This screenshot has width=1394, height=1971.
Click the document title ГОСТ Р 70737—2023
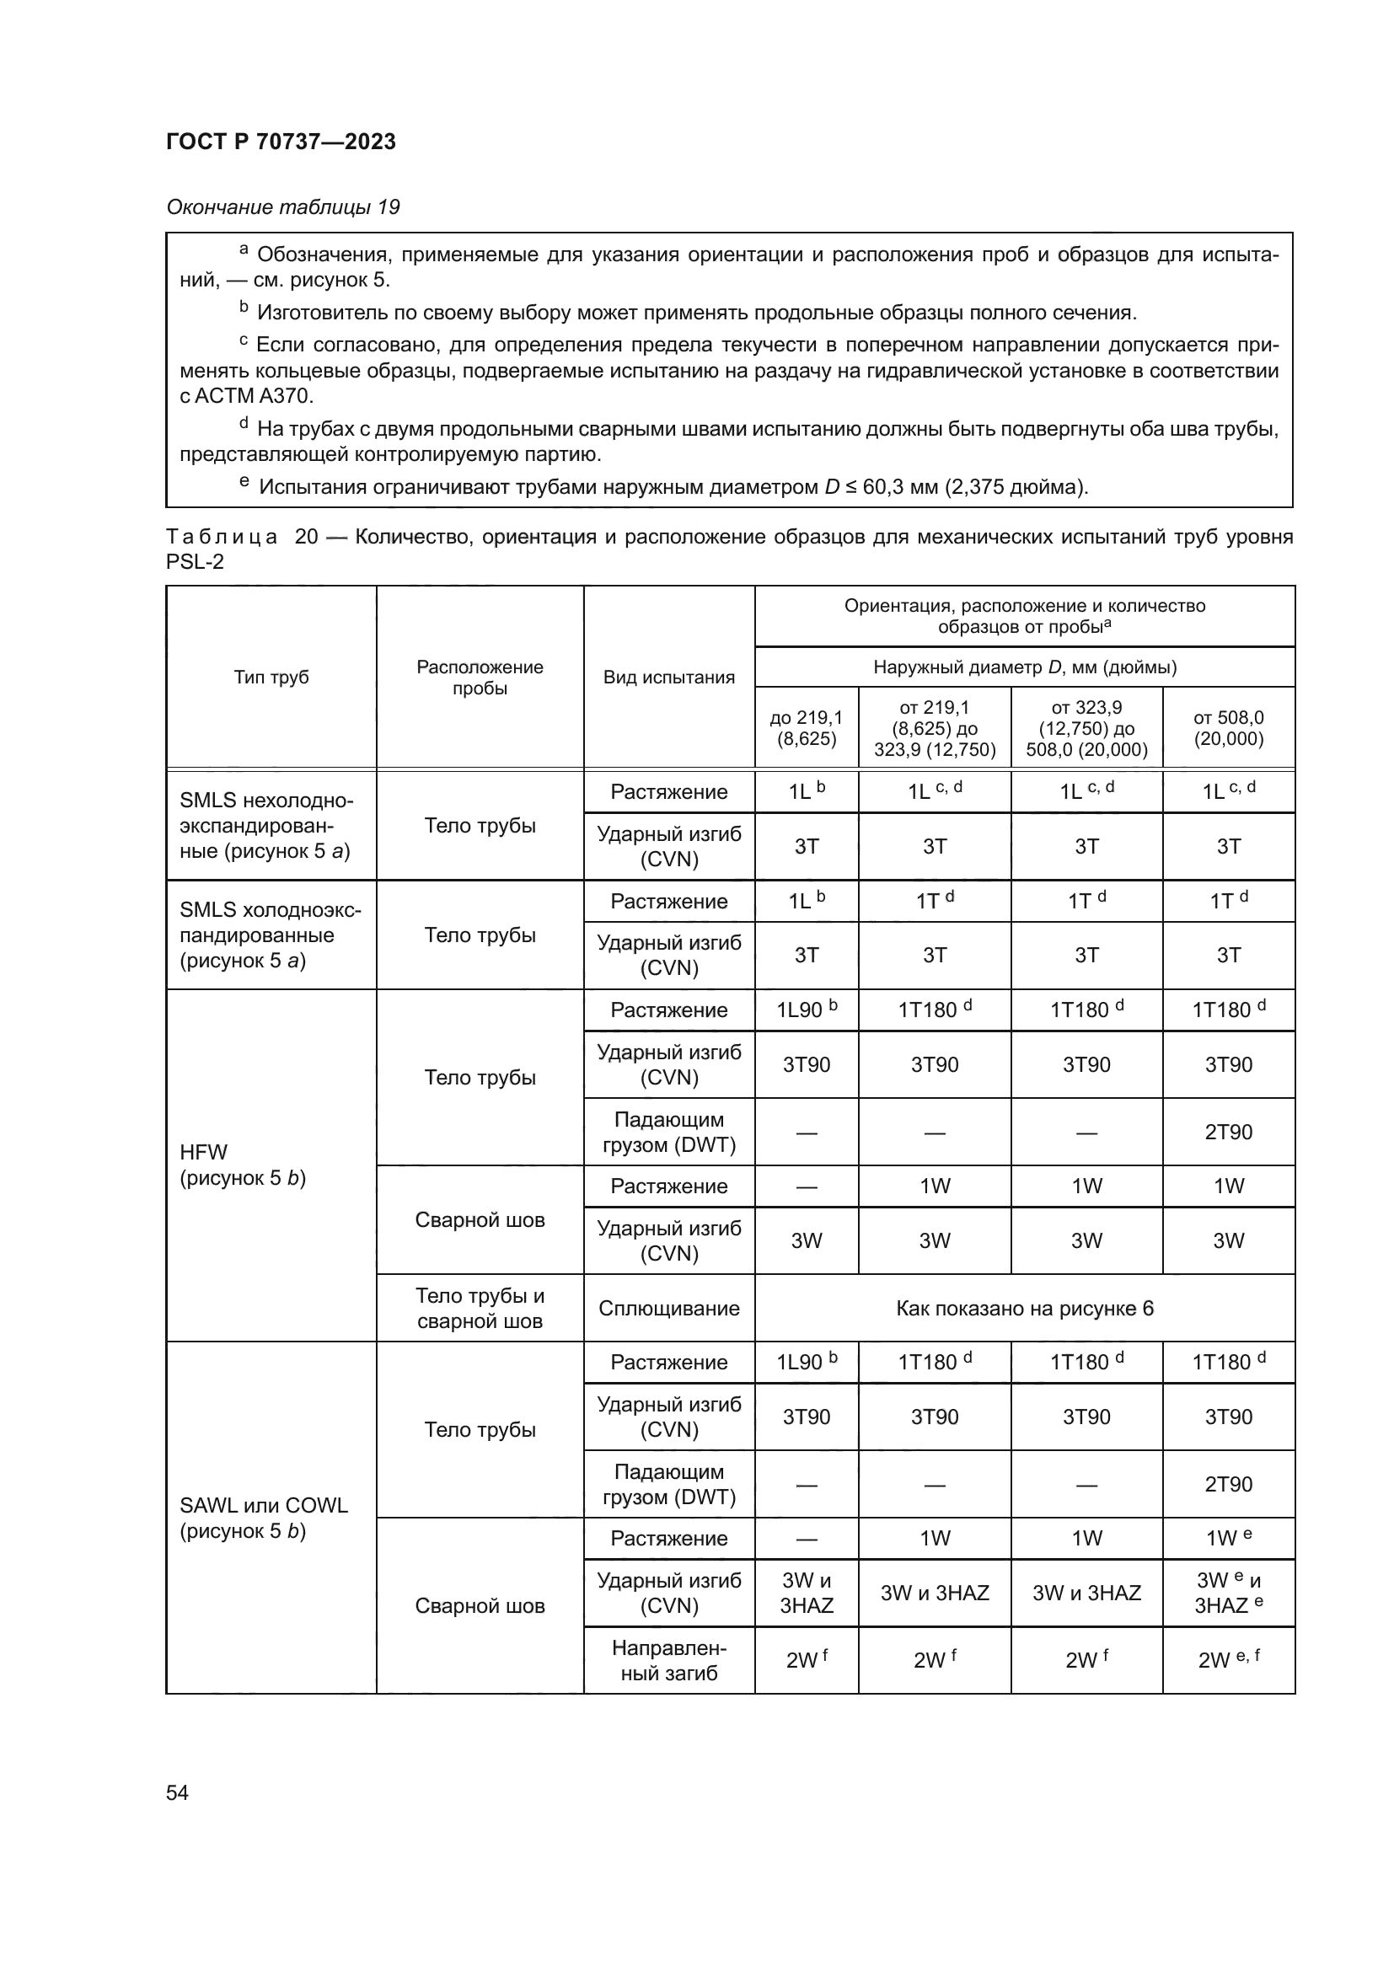coord(281,142)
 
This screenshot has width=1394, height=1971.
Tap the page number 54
coord(177,1792)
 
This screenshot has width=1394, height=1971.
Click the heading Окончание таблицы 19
coord(282,207)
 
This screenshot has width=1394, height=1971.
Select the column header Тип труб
coord(271,678)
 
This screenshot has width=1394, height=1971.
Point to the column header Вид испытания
coord(668,678)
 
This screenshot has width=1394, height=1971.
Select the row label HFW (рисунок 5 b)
coord(243,1165)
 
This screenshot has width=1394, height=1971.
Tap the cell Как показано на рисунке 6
coord(1024,1309)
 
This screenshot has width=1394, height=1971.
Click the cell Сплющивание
coord(668,1309)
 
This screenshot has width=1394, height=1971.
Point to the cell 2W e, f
coord(1228,1659)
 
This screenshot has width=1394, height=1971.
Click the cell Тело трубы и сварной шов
coord(480,1309)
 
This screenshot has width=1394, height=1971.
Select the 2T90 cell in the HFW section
coord(1228,1132)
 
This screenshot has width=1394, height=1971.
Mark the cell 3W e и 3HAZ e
coord(1228,1593)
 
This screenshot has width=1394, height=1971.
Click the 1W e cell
coord(1228,1539)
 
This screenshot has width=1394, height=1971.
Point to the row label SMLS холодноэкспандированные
coord(270,935)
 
